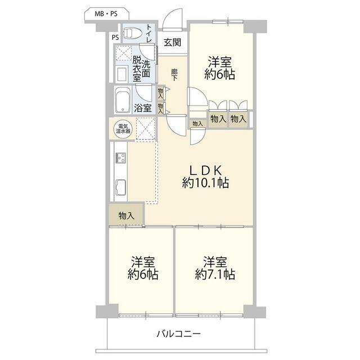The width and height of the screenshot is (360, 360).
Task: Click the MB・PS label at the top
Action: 106,14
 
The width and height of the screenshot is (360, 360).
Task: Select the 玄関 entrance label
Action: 173,43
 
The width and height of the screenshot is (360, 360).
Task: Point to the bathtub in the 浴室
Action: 123,100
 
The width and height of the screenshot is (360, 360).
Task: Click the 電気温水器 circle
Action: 123,129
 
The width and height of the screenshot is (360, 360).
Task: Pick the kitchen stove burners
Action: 121,158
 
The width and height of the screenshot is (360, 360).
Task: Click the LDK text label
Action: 205,170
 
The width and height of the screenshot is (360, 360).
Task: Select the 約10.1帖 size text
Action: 205,183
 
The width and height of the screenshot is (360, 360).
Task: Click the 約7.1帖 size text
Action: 215,274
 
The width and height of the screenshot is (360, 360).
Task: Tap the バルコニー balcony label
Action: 179,333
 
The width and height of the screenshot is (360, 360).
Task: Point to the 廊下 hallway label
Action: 174,75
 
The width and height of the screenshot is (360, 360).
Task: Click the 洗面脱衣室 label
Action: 141,69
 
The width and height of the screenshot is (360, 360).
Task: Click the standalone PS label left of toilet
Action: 115,38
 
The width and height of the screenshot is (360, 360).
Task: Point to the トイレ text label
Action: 148,34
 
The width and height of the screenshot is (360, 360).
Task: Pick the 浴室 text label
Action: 142,108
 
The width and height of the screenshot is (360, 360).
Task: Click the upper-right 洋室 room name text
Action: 220,62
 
